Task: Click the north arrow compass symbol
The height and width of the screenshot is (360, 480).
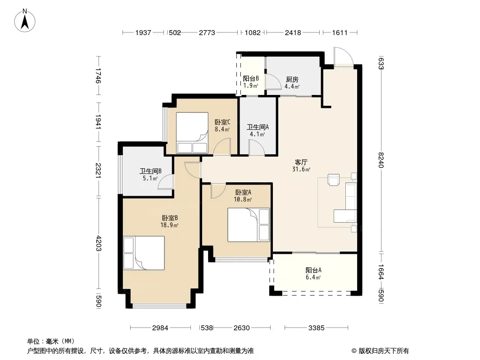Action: pyautogui.click(x=25, y=21)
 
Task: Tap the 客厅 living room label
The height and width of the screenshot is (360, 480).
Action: pyautogui.click(x=301, y=162)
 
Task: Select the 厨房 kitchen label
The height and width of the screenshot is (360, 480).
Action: pyautogui.click(x=292, y=80)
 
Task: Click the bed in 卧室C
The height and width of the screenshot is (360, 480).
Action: pyautogui.click(x=192, y=133)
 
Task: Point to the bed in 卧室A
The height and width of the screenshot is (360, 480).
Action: pyautogui.click(x=249, y=225)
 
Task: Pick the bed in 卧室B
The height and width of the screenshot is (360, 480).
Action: pyautogui.click(x=144, y=253)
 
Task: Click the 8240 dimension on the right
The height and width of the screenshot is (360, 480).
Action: pyautogui.click(x=380, y=160)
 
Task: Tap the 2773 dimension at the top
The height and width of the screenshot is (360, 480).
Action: pyautogui.click(x=207, y=32)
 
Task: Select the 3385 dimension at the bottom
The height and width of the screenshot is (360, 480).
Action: pyautogui.click(x=316, y=328)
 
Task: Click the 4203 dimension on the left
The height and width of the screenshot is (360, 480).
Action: pyautogui.click(x=98, y=243)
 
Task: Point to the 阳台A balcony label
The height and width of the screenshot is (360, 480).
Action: pyautogui.click(x=313, y=270)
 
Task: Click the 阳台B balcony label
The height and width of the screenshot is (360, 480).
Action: pyautogui.click(x=251, y=79)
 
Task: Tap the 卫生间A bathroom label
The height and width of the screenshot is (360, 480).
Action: pyautogui.click(x=258, y=127)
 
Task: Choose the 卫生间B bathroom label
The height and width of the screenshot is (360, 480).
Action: pyautogui.click(x=150, y=171)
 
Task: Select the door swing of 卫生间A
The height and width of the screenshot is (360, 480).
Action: pyautogui.click(x=257, y=148)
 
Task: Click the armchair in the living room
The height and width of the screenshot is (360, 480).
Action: pyautogui.click(x=334, y=180)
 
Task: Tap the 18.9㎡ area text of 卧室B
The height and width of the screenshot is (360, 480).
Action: pyautogui.click(x=169, y=225)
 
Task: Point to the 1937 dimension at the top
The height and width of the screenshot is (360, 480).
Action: pyautogui.click(x=143, y=32)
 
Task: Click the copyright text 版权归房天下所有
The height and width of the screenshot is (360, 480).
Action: pyautogui.click(x=384, y=351)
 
